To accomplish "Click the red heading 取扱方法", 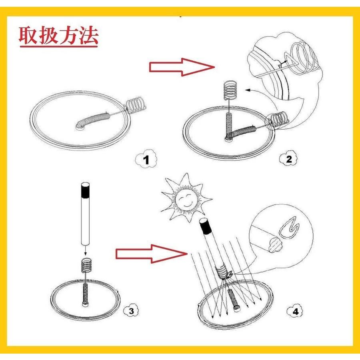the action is point(58,36).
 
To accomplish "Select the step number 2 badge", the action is point(288,159).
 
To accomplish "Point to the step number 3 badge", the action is point(131,311).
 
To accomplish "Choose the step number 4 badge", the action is point(295,312).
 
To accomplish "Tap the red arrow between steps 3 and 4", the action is point(152,254).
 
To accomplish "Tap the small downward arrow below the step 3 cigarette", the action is point(85,250).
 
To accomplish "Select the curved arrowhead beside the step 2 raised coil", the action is point(248,90).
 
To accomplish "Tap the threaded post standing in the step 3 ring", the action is point(85,295).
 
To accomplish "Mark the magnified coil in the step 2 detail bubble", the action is point(303,59).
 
